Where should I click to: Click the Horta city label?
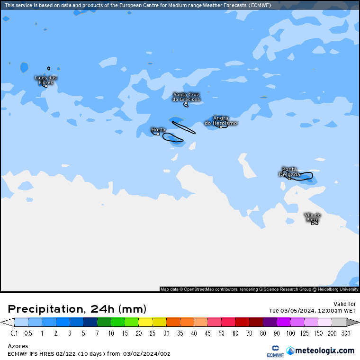tap(158, 129)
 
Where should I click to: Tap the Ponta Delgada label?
tap(289, 171)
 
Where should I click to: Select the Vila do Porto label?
tap(313, 217)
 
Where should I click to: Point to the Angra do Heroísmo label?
tap(221, 121)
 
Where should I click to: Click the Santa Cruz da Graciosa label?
tap(186, 97)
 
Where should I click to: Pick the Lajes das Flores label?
tap(46, 80)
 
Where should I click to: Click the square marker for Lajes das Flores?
tap(46, 86)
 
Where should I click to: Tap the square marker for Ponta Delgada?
tap(289, 179)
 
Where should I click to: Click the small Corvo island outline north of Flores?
tap(48, 68)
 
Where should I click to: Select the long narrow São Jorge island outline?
tap(183, 127)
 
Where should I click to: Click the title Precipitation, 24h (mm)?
tap(77, 309)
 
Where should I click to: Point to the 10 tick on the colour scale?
tap(111, 333)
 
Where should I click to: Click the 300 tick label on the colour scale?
tap(346, 333)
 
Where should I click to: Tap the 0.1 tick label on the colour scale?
tap(14, 333)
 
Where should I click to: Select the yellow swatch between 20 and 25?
tap(145, 323)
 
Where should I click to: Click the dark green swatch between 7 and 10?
tap(104, 323)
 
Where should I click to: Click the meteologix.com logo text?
tap(324, 351)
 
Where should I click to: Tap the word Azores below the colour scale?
tap(18, 346)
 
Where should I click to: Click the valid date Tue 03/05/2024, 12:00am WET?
tap(312, 311)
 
